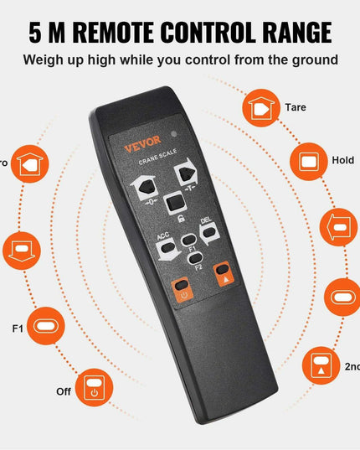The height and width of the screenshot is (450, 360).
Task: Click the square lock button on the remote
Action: click(172, 202)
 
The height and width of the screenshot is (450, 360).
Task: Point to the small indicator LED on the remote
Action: click(173, 134)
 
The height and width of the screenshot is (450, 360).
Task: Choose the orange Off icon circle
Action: click(95, 391)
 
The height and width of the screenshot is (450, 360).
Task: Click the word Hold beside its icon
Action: click(342, 159)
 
